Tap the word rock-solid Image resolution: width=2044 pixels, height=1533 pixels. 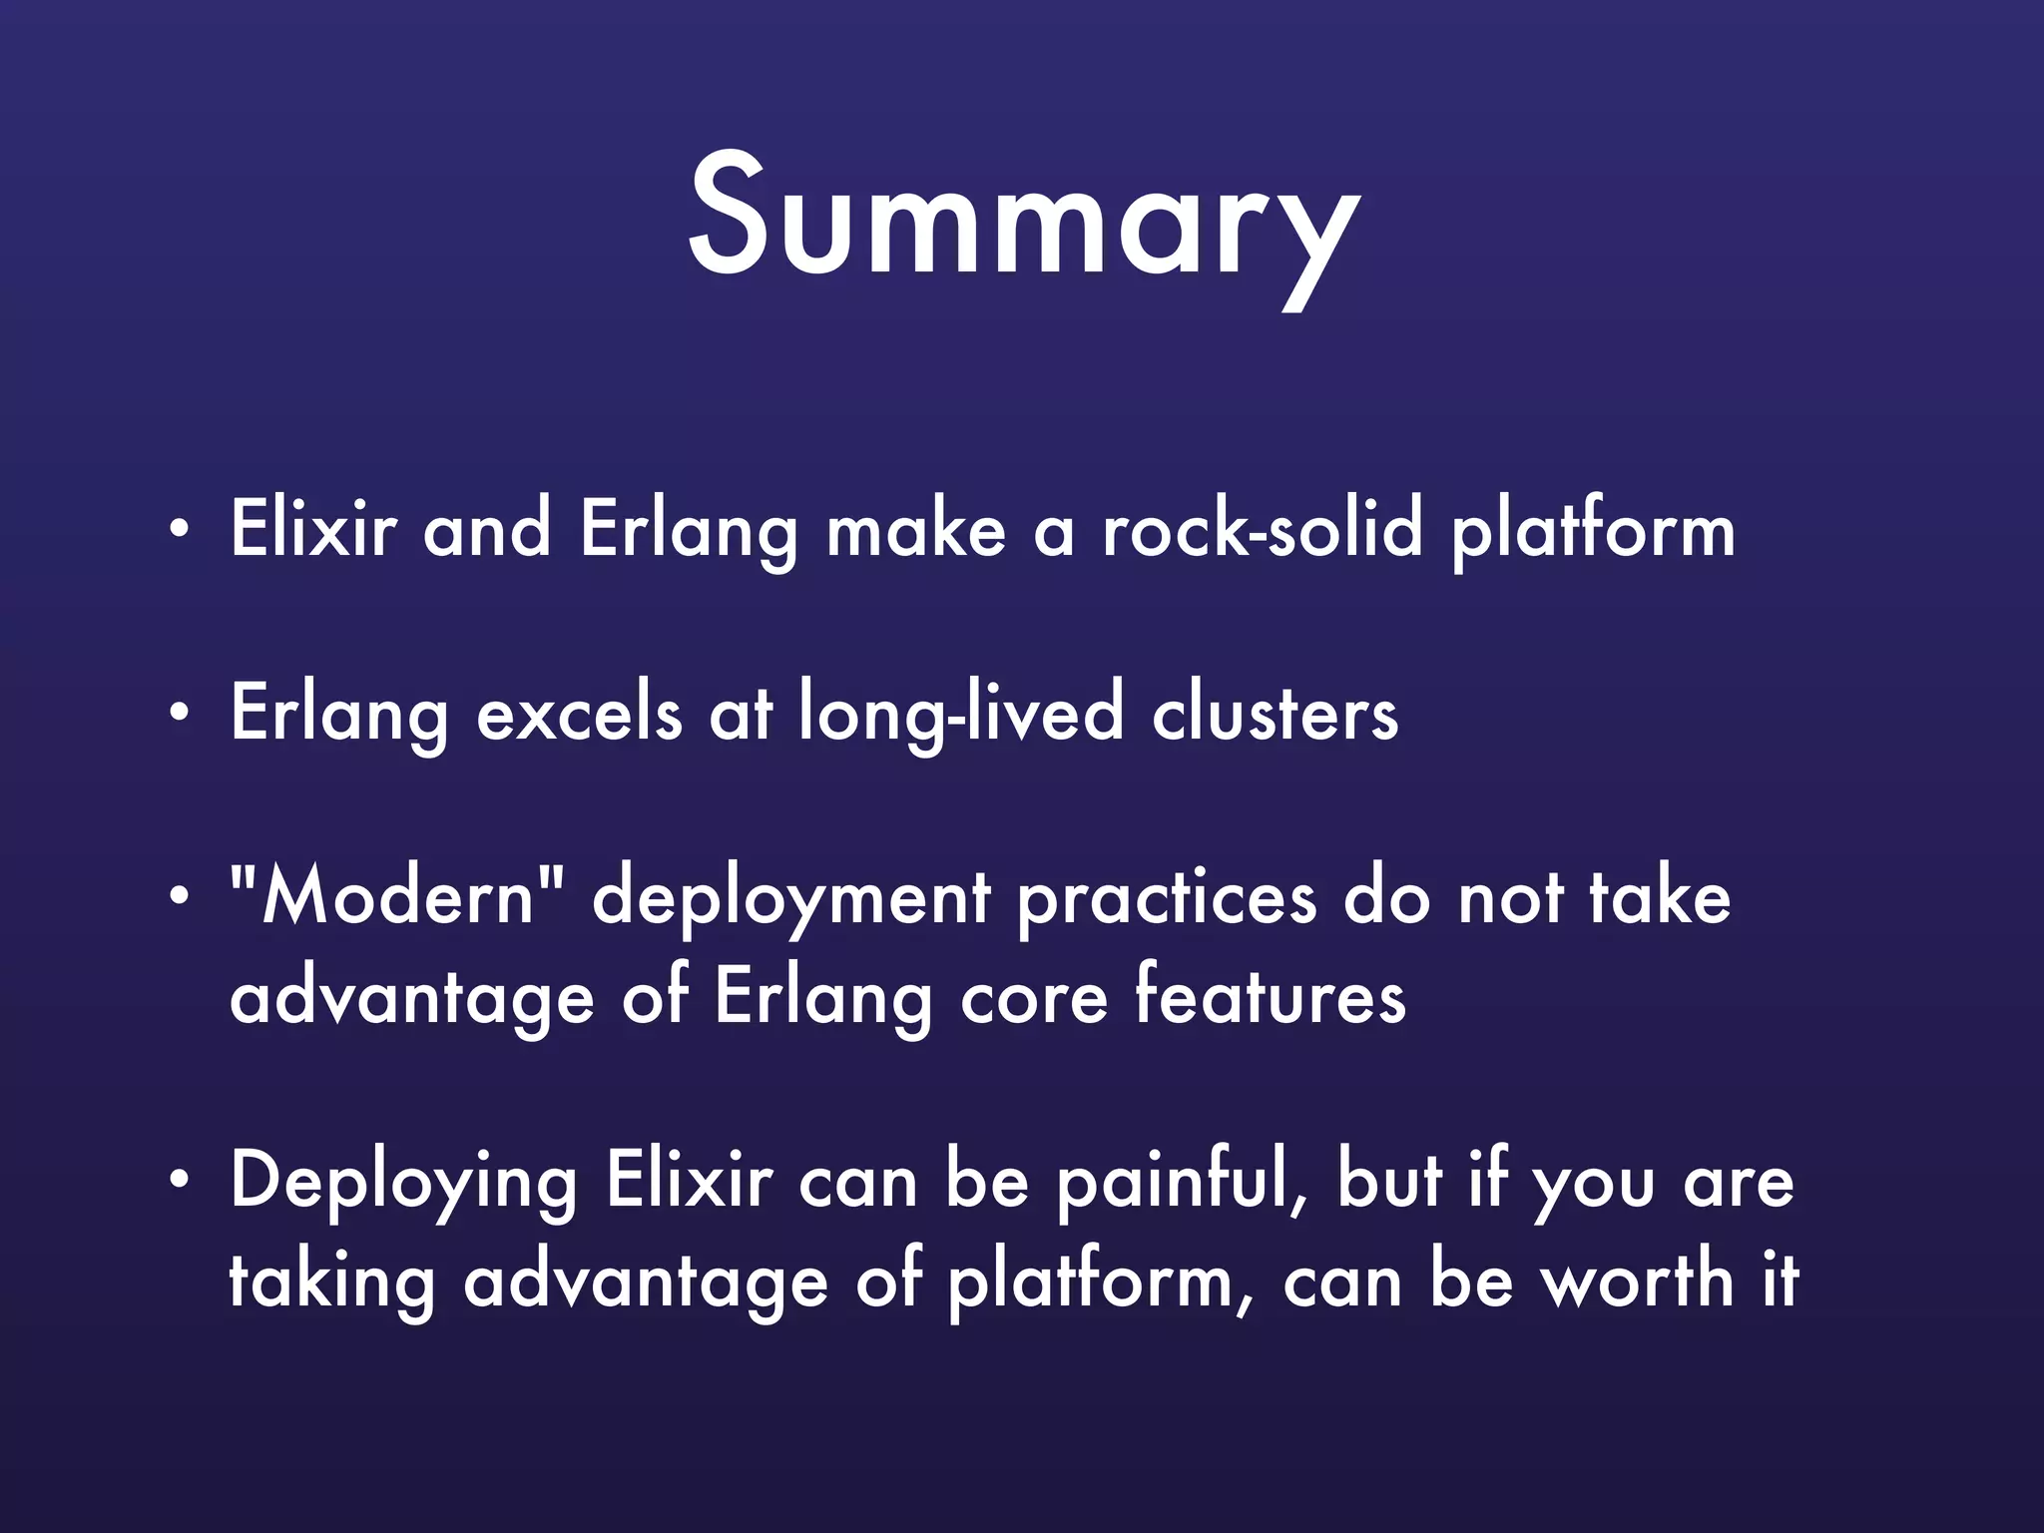click(x=1262, y=529)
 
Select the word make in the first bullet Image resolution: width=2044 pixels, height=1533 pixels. click(x=915, y=529)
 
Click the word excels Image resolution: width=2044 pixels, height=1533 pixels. click(x=579, y=714)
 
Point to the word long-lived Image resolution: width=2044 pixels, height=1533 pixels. click(x=961, y=714)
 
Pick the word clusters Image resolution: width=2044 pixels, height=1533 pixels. click(x=1275, y=714)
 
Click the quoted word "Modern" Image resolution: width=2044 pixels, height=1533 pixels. click(x=396, y=896)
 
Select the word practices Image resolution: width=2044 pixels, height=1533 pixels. click(x=1167, y=898)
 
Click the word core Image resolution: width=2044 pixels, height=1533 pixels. click(x=1034, y=998)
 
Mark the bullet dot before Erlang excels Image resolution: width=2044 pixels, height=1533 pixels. click(x=178, y=714)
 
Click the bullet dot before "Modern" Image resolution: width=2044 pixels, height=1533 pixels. click(x=178, y=897)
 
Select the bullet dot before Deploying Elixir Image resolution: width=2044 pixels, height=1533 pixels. click(x=178, y=1181)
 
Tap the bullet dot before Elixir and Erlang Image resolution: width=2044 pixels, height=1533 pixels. click(x=178, y=529)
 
